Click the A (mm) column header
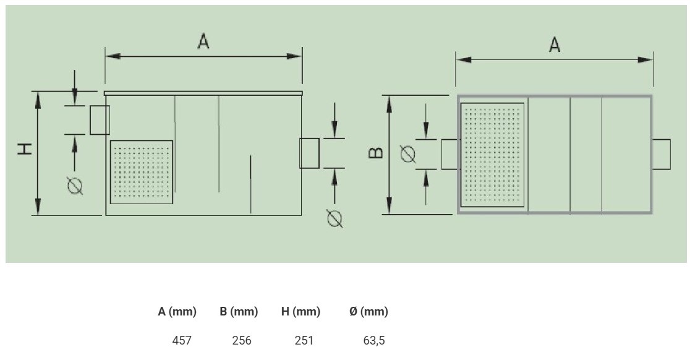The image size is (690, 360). tap(177, 312)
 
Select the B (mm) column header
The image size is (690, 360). tap(239, 312)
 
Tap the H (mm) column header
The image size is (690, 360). tap(300, 312)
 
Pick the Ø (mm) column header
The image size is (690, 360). tap(368, 312)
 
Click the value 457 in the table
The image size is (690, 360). tap(182, 340)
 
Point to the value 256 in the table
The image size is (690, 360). tap(242, 340)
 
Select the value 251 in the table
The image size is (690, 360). tap(304, 340)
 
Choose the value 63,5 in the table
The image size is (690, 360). tap(374, 340)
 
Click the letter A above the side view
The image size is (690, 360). tap(203, 41)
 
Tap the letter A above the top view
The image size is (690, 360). tap(555, 45)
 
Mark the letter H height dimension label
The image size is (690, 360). tap(25, 148)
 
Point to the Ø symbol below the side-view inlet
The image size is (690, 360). tap(75, 186)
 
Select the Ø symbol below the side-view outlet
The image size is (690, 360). tap(335, 219)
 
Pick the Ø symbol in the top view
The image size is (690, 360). tap(408, 154)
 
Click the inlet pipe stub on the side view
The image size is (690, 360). tap(100, 120)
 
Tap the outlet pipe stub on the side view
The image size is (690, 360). tap(309, 153)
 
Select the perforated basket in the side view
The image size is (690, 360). tap(141, 172)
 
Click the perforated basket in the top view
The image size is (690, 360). tap(492, 155)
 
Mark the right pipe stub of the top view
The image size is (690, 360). tap(661, 154)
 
